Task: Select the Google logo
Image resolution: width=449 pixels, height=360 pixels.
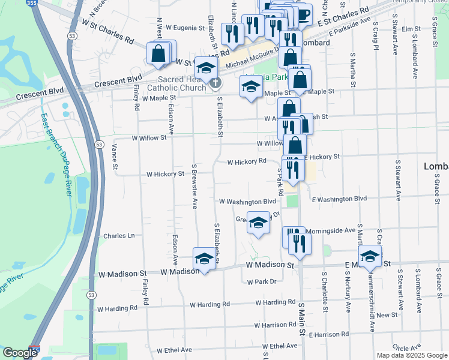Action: tap(20, 353)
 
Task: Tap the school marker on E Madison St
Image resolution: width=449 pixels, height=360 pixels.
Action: tap(370, 256)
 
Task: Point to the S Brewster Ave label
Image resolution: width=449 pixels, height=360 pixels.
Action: tap(194, 185)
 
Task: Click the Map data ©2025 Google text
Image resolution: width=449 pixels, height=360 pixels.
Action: tap(412, 355)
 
